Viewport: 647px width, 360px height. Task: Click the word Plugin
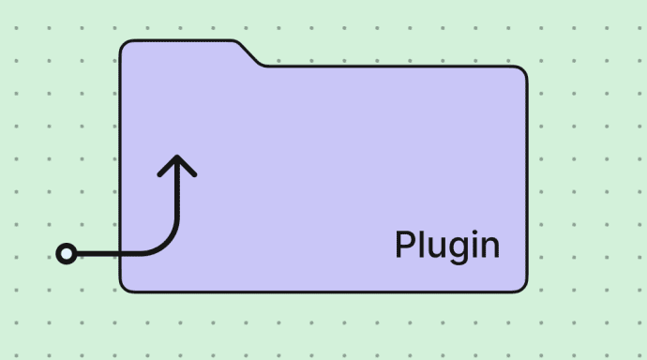[446, 246]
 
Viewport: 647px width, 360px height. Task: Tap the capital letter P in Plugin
[404, 245]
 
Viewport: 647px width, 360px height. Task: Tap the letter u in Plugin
[436, 247]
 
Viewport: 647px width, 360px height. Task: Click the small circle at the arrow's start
[66, 253]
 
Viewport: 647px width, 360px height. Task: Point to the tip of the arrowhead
[176, 157]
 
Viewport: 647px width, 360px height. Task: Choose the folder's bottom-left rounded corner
[126, 285]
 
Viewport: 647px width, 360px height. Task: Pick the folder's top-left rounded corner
[126, 47]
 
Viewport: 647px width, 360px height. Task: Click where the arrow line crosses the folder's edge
[120, 253]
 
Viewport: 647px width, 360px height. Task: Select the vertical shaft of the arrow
[176, 202]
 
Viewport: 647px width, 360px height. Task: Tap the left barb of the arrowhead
[166, 167]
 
